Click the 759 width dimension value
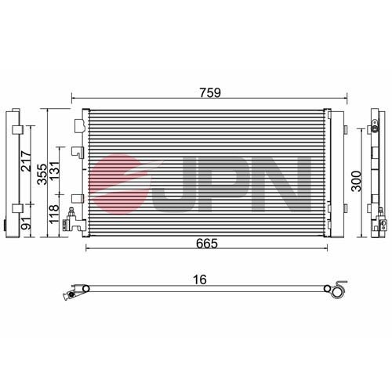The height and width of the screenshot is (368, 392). [210, 92]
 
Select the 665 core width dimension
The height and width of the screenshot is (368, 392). [207, 244]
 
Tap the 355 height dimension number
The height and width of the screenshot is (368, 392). [42, 175]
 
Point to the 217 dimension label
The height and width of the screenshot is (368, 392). [26, 161]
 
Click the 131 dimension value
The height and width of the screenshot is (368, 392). [55, 171]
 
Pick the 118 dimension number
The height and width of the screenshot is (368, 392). [54, 214]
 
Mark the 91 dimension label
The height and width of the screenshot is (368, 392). [26, 224]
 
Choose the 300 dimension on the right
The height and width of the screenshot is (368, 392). [356, 181]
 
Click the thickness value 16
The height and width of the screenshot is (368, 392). [199, 280]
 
